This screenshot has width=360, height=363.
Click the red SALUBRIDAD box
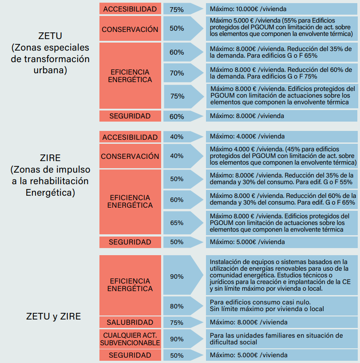click(x=130, y=322)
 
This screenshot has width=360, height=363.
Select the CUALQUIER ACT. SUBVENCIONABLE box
click(x=130, y=339)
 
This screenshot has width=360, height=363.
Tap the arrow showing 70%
click(x=183, y=73)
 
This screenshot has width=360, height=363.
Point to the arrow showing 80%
click(x=183, y=306)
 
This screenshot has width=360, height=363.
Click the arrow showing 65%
click(x=183, y=223)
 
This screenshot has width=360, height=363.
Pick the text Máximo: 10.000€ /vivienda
click(x=248, y=9)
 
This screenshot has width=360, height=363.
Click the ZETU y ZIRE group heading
click(x=53, y=316)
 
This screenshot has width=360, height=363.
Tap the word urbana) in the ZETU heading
click(x=50, y=70)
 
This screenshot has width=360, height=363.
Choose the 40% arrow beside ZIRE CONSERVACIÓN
click(x=183, y=156)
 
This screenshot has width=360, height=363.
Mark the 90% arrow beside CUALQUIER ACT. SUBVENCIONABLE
click(x=183, y=339)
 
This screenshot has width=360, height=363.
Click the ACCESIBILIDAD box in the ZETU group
click(x=130, y=8)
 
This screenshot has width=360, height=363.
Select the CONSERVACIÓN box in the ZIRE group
click(x=130, y=156)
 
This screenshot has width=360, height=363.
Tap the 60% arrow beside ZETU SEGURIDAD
click(x=183, y=116)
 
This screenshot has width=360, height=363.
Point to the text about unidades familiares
click(x=276, y=339)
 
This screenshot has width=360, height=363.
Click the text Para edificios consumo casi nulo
click(x=260, y=302)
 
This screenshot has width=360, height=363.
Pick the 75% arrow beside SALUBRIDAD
click(x=183, y=322)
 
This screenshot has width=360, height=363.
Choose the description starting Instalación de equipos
click(x=280, y=275)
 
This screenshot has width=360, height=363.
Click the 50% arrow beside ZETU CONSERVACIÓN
click(x=183, y=28)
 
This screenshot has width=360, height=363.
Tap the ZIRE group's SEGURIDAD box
click(x=130, y=242)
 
